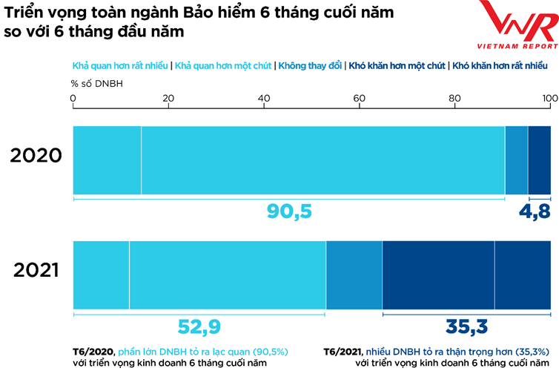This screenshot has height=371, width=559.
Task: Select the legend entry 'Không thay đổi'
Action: pos(309,65)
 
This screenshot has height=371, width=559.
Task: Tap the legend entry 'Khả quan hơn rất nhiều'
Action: pos(119,65)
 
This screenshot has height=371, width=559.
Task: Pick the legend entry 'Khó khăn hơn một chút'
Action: pos(397,65)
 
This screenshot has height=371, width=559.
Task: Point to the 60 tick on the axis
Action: pos(360,98)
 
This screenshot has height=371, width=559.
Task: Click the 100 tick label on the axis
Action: pos(549,98)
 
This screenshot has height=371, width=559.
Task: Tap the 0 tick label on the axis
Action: pos(73,98)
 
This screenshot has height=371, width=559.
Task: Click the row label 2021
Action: pos(35,272)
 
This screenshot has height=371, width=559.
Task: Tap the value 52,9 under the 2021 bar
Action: pos(199,326)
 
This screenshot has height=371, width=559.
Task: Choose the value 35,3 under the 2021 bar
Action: pos(466,326)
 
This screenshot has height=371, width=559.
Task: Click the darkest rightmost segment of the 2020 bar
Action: pos(539,159)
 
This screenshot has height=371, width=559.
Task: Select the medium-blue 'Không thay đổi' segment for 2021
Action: pos(354,275)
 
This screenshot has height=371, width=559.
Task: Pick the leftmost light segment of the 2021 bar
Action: pos(101,275)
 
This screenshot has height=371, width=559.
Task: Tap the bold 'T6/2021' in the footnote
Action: pos(342,352)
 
